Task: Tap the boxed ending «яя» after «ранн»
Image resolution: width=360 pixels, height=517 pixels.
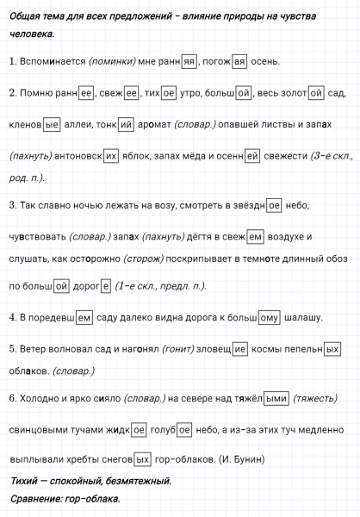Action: coord(190,61)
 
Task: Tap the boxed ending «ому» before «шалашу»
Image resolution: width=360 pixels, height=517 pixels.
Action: coord(269,318)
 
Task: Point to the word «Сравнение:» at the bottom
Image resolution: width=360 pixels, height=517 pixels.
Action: coord(37,499)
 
